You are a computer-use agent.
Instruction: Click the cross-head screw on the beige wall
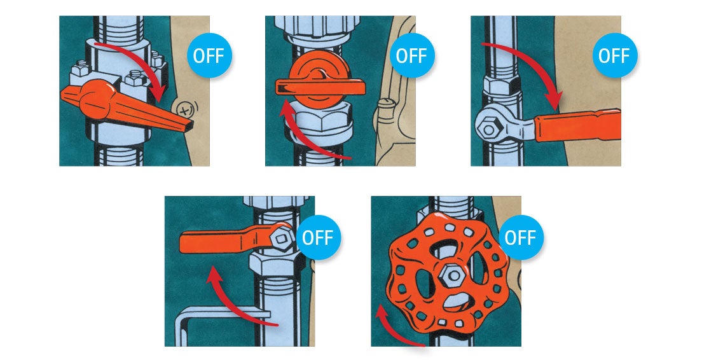point(185,110)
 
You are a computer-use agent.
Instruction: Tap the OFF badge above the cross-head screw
point(209,55)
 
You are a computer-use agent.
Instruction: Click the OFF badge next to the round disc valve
point(411,55)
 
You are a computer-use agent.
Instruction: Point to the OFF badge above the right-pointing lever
point(614,55)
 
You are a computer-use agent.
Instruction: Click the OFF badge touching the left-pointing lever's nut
point(318,238)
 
